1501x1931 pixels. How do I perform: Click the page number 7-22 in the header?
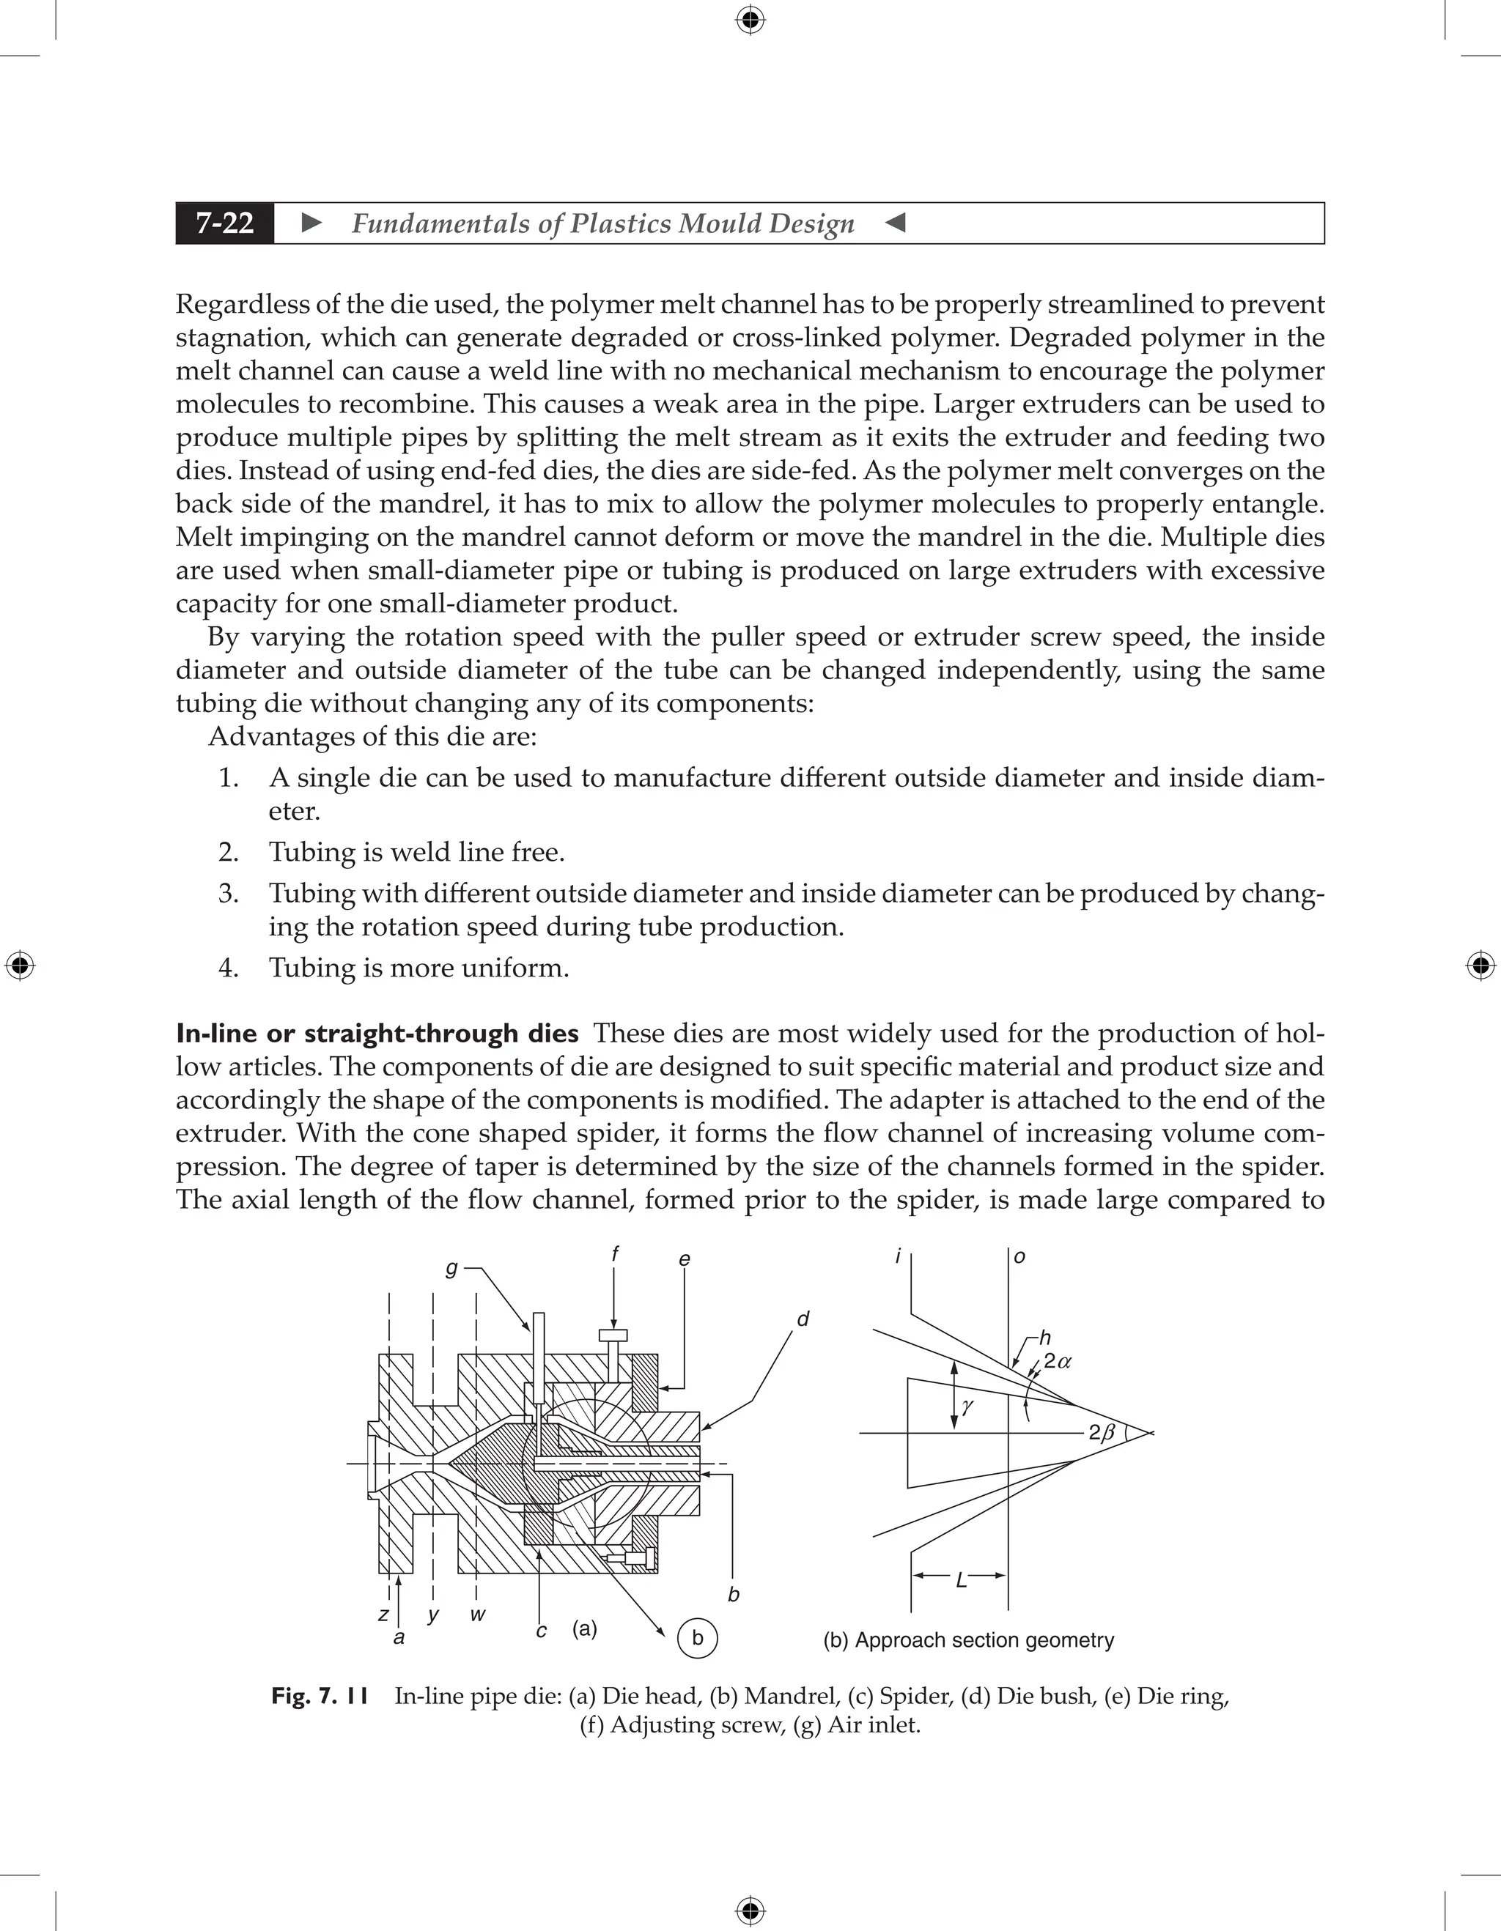[225, 223]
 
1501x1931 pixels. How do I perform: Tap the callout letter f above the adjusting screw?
[615, 1253]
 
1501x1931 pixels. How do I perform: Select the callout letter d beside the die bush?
[803, 1320]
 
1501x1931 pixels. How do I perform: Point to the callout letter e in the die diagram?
[684, 1259]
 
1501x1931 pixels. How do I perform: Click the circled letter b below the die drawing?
[697, 1637]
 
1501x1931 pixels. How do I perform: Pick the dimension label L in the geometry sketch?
[962, 1580]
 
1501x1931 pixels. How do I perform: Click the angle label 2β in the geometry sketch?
[1102, 1433]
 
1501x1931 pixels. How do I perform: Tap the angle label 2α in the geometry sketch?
[1057, 1362]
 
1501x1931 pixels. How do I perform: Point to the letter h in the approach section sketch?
[1044, 1338]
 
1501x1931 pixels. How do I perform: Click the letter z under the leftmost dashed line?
[383, 1615]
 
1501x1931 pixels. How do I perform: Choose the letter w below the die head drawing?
[478, 1615]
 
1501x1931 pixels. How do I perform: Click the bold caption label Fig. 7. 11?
[320, 1696]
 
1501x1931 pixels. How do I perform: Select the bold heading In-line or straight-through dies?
[377, 1033]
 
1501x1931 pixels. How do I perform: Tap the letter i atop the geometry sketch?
[898, 1256]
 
